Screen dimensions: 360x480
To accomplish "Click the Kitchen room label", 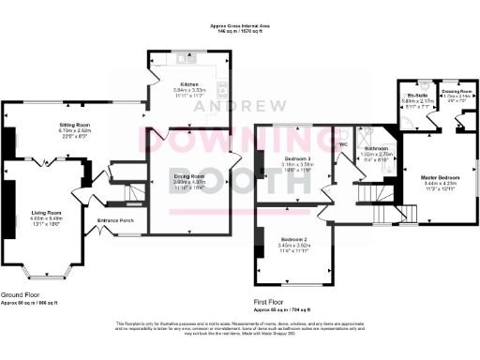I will [190, 83].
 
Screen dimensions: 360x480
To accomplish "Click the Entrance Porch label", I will [116, 221].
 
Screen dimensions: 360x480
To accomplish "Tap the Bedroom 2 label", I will [293, 239].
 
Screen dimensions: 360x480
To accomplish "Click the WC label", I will [343, 144].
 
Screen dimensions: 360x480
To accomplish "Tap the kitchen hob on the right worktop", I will [222, 90].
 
